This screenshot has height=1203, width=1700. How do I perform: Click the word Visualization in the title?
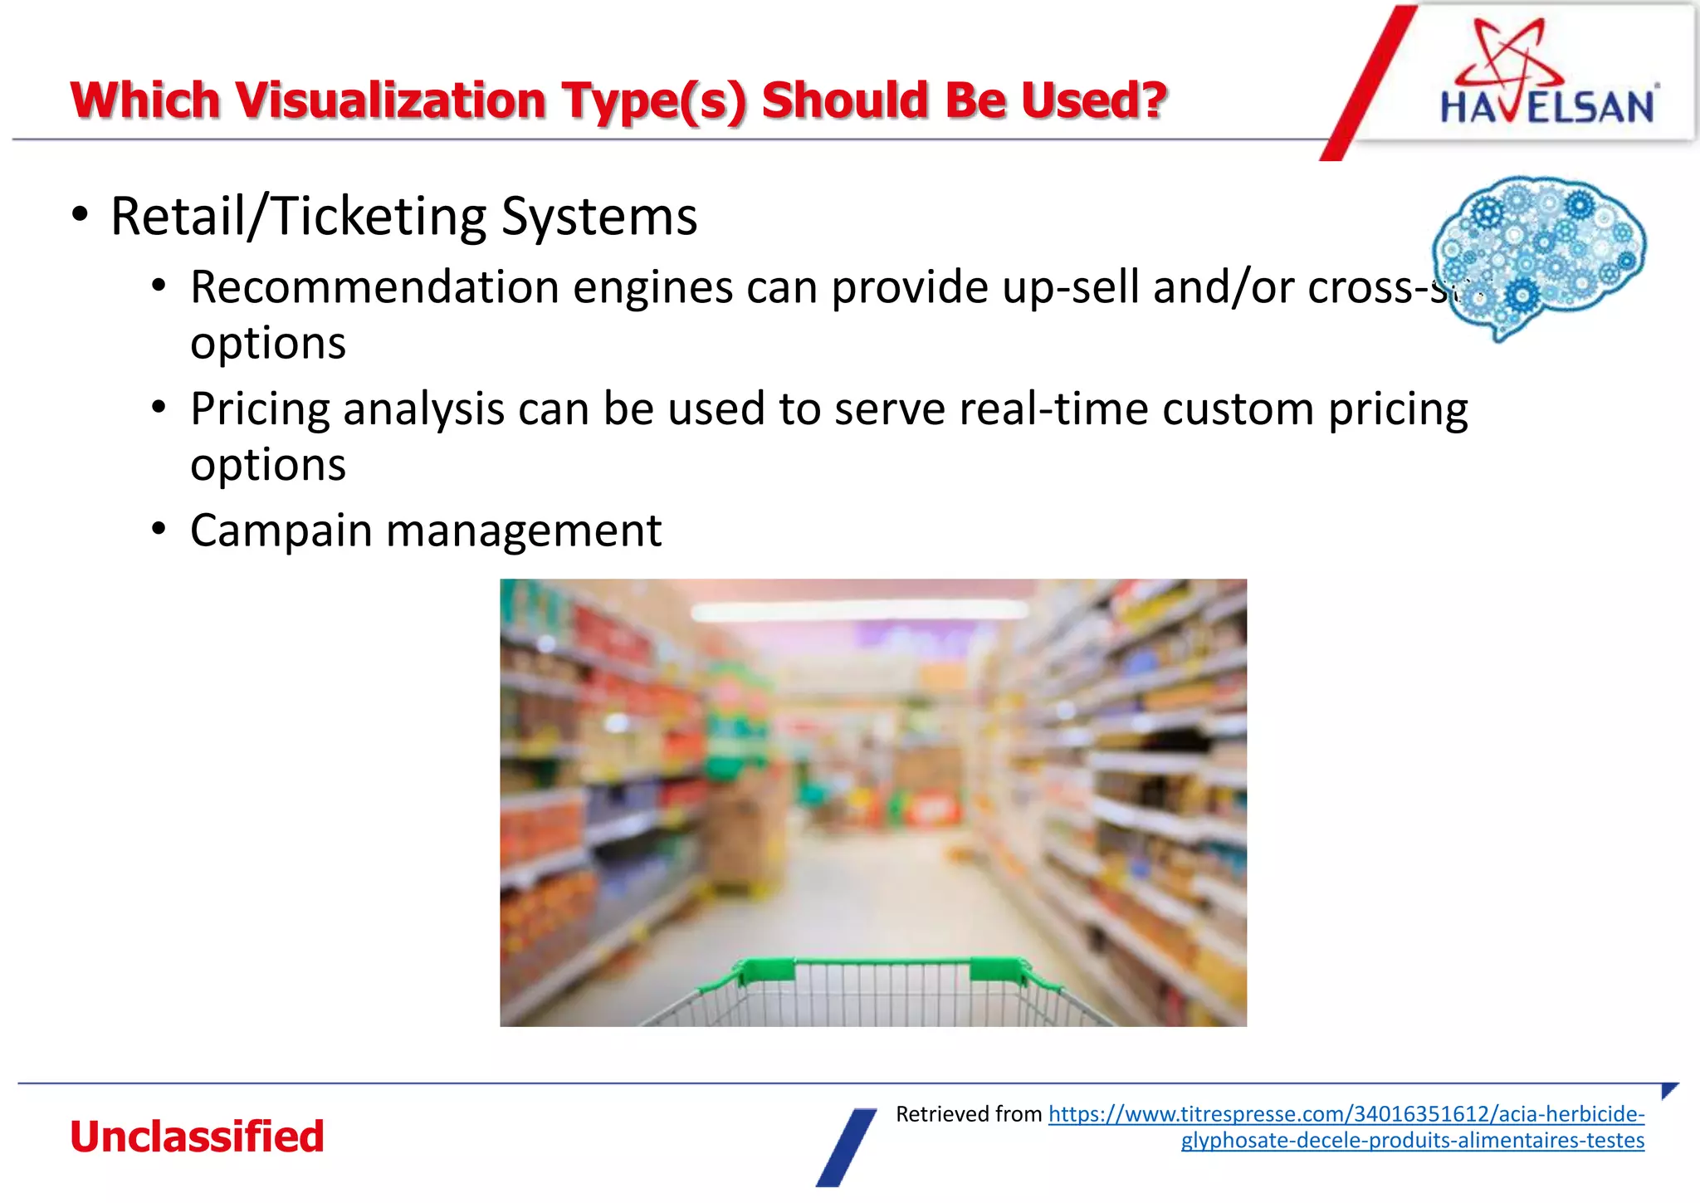tap(393, 101)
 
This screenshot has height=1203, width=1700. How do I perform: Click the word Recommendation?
tap(374, 288)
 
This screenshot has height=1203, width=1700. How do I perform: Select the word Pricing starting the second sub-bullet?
tap(259, 409)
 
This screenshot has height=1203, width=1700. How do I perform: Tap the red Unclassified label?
tap(197, 1137)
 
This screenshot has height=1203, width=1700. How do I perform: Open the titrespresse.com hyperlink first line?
tap(1346, 1114)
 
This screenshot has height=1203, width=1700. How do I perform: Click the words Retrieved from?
tap(968, 1114)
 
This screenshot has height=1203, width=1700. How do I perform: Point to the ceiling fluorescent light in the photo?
tap(859, 612)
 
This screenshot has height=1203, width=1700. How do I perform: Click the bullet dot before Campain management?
tap(159, 530)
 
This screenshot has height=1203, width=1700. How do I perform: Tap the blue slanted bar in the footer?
tap(846, 1147)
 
